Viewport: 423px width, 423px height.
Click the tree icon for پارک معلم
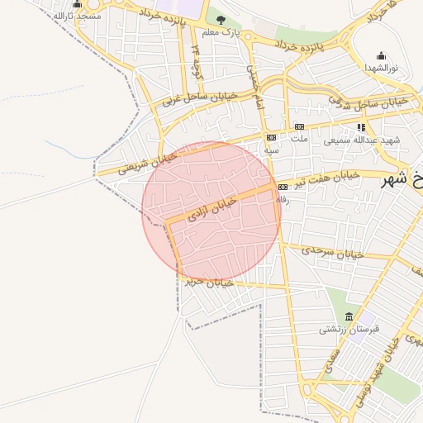click(220, 19)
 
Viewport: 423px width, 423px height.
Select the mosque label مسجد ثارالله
click(77, 16)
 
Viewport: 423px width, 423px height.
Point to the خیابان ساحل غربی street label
click(199, 98)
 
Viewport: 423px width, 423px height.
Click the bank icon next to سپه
click(271, 137)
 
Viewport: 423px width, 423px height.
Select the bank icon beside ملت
click(299, 126)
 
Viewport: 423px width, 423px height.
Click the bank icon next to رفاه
click(282, 186)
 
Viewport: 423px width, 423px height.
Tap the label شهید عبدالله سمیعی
click(361, 140)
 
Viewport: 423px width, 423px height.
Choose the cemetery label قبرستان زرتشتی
click(349, 329)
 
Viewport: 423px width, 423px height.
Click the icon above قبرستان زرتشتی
click(349, 316)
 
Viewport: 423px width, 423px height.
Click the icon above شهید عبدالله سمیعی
click(361, 127)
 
